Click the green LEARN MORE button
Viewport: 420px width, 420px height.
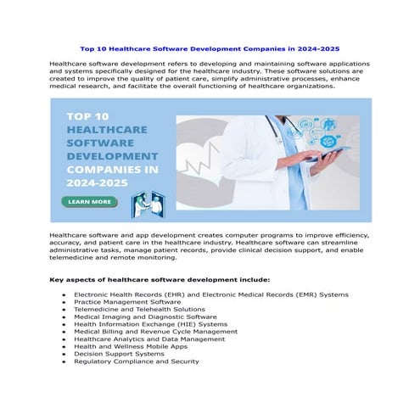click(88, 202)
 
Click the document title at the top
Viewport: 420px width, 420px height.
click(210, 48)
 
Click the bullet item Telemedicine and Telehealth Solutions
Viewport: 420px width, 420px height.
click(139, 309)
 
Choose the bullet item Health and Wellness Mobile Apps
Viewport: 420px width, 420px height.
click(129, 346)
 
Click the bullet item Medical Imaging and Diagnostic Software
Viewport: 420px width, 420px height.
click(145, 316)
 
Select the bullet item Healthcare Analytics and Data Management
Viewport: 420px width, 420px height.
click(149, 339)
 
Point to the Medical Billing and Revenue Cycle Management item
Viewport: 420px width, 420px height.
click(155, 331)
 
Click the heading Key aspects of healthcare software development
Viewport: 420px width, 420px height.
click(160, 278)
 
